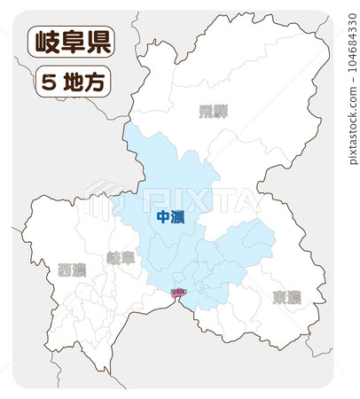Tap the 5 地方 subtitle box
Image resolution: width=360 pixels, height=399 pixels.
[x=73, y=82]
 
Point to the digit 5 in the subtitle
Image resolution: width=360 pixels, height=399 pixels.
[x=49, y=82]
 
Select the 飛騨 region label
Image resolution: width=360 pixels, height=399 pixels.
[x=213, y=112]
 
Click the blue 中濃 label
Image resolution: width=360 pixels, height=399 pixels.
[x=169, y=216]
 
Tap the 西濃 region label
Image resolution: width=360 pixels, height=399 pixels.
[x=72, y=270]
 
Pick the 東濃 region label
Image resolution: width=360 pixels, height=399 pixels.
[x=286, y=297]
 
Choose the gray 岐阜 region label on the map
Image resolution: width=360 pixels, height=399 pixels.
[x=121, y=258]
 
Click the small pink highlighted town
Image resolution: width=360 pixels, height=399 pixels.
[x=178, y=292]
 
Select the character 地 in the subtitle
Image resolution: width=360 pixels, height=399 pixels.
[x=74, y=82]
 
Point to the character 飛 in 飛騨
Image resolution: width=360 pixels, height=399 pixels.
[x=206, y=112]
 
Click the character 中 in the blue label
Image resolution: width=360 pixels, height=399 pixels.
[x=162, y=216]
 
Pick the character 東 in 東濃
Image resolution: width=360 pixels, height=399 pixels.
[x=279, y=297]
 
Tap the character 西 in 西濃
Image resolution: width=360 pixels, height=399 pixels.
[x=65, y=270]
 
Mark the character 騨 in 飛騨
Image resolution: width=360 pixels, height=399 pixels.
[x=220, y=112]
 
